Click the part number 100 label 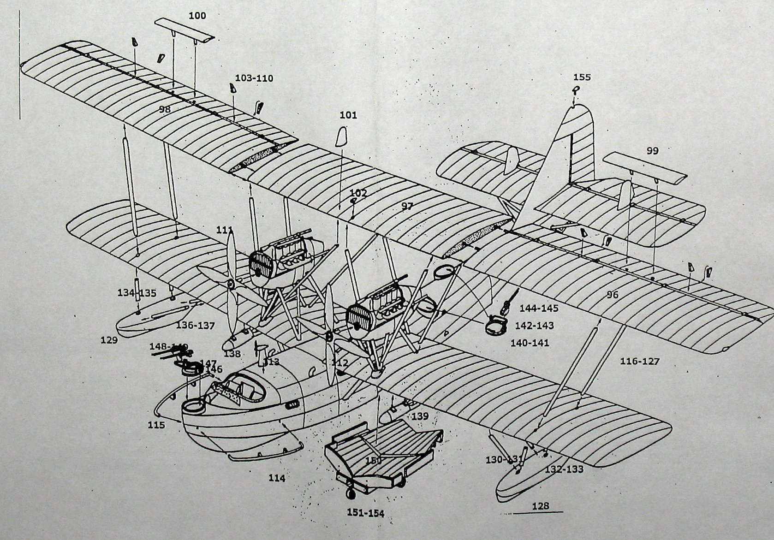(197, 16)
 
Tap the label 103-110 (254, 78)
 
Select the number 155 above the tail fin (582, 77)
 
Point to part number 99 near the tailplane (653, 151)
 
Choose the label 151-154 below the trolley (365, 513)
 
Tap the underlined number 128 (540, 506)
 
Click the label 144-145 (539, 308)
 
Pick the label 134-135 (137, 293)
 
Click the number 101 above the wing (348, 115)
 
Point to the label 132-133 (564, 469)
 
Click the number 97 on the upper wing (407, 206)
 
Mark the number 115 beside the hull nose (156, 425)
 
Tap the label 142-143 (534, 326)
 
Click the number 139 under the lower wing (420, 416)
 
